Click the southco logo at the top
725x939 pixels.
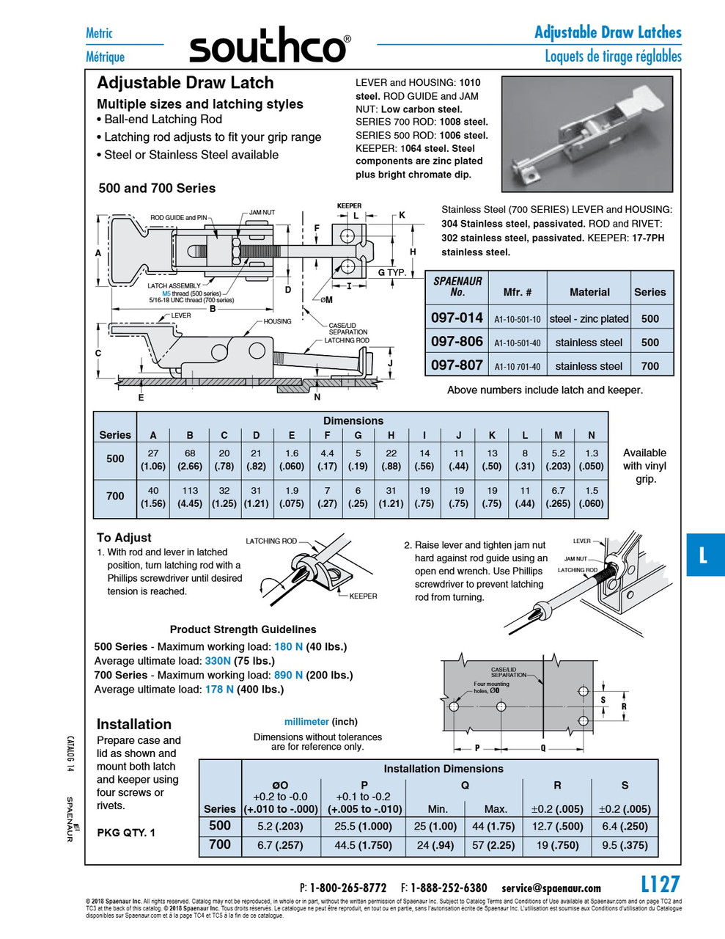tap(269, 48)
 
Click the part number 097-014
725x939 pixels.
tap(457, 318)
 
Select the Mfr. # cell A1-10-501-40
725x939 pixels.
tap(517, 343)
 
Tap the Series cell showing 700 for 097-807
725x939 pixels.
tap(649, 365)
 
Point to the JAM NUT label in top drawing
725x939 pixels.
tap(262, 213)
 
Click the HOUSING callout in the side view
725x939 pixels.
tap(278, 321)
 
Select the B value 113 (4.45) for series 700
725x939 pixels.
tap(190, 497)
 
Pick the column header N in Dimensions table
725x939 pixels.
tap(591, 435)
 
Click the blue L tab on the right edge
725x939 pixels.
tap(704, 555)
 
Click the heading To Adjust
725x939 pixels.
tap(124, 538)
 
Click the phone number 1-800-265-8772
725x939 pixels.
tap(347, 888)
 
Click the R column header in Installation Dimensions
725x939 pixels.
tap(557, 785)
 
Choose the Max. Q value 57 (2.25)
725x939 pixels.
tap(496, 844)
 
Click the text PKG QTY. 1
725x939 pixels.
tap(126, 833)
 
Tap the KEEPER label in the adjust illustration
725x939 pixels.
tap(363, 596)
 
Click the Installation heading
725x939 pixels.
tap(134, 724)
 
